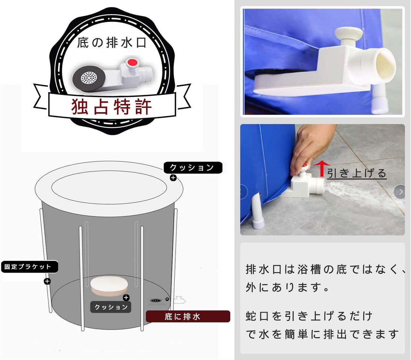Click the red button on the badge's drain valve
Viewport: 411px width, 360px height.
(132, 62)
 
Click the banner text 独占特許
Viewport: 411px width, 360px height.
(111, 107)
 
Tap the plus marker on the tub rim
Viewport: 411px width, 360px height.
(173, 178)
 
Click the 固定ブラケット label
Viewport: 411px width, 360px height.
(30, 267)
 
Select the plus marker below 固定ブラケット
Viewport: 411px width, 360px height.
(47, 281)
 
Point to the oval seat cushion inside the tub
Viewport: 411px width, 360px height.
(109, 286)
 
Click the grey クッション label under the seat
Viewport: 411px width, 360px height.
(111, 307)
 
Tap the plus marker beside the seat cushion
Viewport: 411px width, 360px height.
(126, 297)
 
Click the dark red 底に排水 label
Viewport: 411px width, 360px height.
(188, 316)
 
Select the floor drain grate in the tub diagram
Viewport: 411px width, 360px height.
(155, 301)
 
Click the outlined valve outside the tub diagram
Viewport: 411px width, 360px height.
(179, 300)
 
